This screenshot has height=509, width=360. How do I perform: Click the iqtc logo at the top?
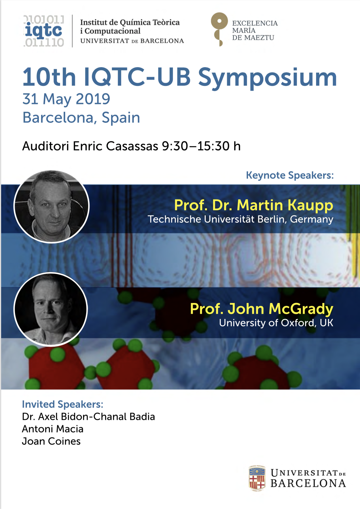click(44, 31)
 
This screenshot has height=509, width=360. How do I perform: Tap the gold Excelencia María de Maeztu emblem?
click(219, 29)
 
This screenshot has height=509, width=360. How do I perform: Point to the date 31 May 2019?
click(66, 99)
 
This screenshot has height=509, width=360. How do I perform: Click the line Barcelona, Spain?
click(81, 117)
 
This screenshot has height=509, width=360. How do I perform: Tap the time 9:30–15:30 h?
click(201, 146)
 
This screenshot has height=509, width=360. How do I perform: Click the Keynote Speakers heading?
click(290, 175)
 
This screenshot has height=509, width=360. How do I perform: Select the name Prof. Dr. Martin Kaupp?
click(253, 205)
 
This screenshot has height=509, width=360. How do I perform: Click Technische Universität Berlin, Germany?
click(240, 219)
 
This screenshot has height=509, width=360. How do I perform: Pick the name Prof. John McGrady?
click(261, 309)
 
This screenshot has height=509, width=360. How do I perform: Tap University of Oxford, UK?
click(276, 323)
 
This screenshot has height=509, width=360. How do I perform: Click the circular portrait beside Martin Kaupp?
click(52, 207)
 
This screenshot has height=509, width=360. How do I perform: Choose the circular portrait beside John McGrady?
click(51, 309)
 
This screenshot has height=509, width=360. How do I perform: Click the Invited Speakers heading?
click(63, 404)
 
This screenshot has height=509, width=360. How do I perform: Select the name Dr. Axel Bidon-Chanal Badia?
click(88, 417)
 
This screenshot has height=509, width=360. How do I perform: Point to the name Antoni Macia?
click(53, 429)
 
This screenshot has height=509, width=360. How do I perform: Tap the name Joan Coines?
click(51, 441)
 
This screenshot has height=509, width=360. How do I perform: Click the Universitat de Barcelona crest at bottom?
click(257, 478)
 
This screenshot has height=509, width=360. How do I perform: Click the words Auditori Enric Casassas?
click(90, 146)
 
